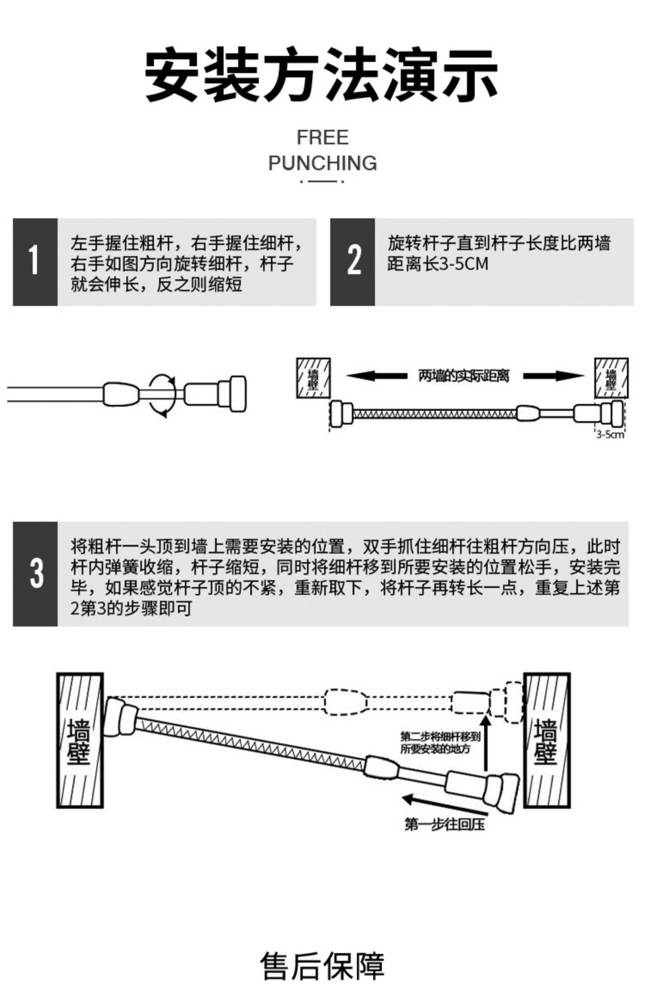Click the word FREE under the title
tap(322, 138)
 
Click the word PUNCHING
tap(322, 163)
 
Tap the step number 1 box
tap(35, 262)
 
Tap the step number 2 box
tap(353, 262)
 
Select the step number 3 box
tap(35, 573)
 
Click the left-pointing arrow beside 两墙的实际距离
tap(377, 376)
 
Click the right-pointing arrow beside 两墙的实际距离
tap(553, 376)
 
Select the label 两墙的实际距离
tap(464, 376)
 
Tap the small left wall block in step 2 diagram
tap(313, 378)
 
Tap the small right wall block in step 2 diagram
tap(611, 378)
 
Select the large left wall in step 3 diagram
tap(80, 740)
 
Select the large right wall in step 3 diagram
tap(547, 740)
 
